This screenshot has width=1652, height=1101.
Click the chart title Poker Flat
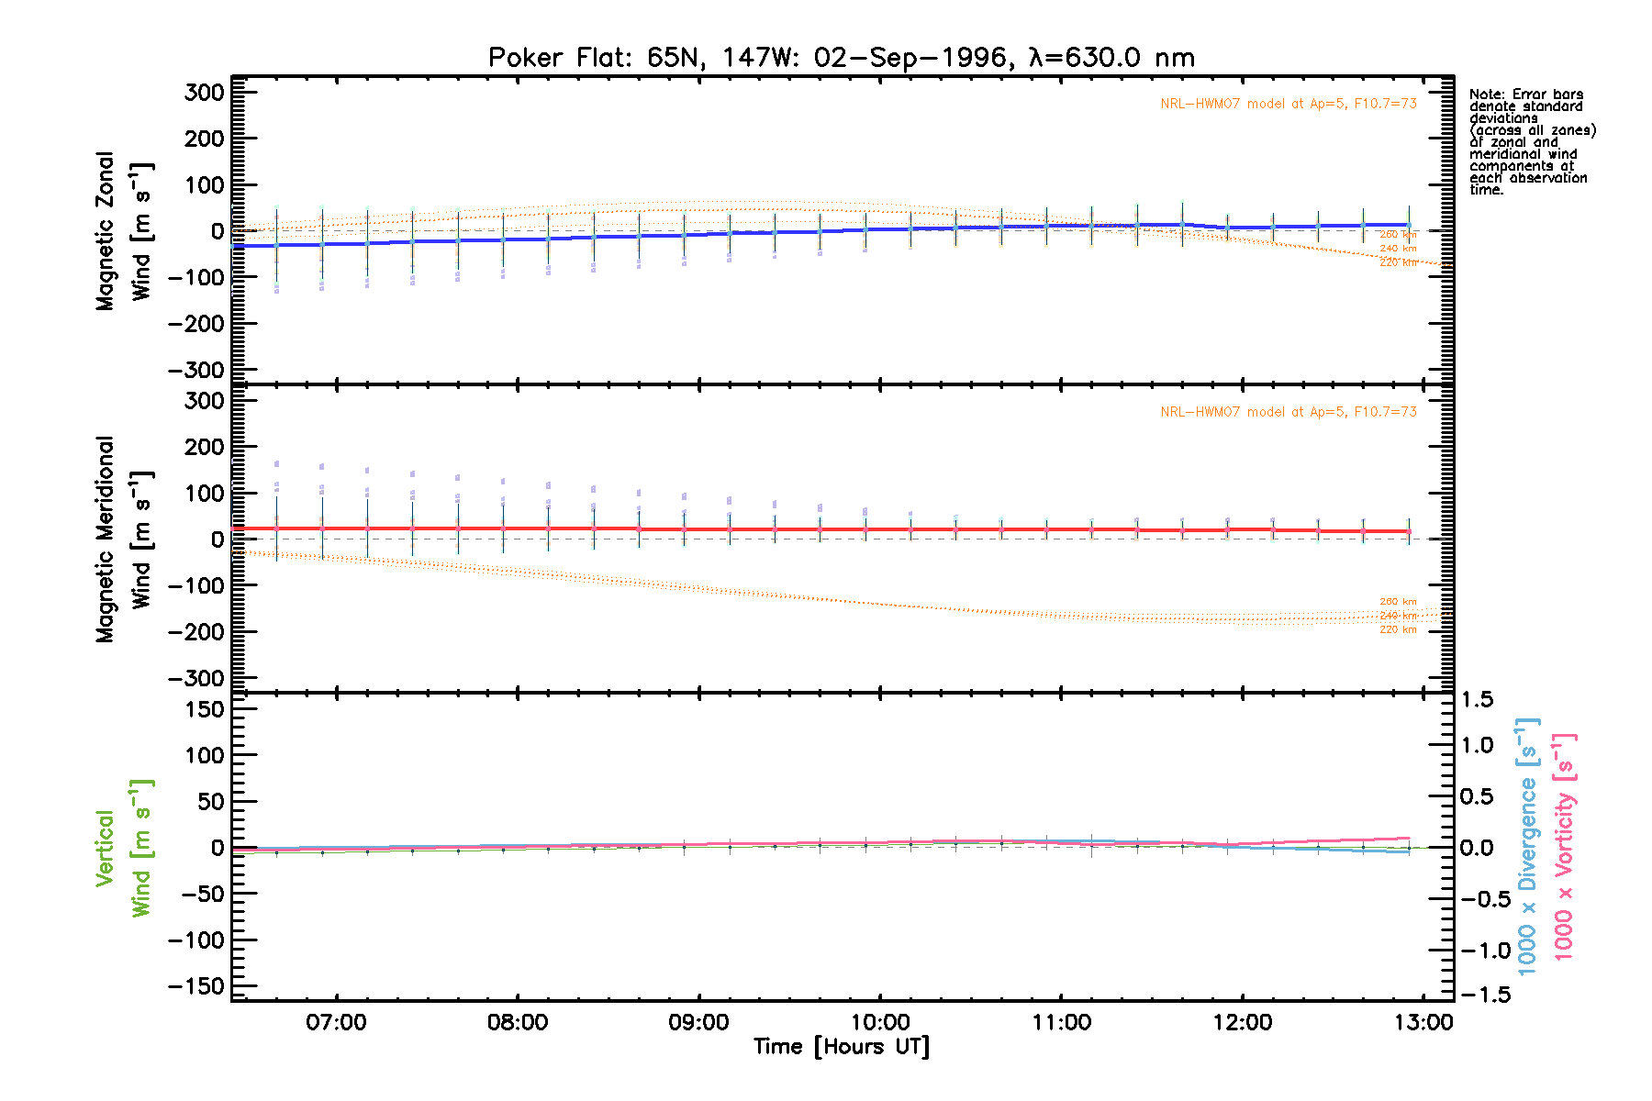pyautogui.click(x=841, y=58)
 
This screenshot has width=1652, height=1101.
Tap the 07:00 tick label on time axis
pyautogui.click(x=337, y=1022)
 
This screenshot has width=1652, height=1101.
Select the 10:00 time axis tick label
pyautogui.click(x=880, y=1022)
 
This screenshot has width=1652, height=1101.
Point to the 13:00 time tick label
pyautogui.click(x=1423, y=1022)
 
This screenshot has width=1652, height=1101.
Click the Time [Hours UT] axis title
pyautogui.click(x=841, y=1047)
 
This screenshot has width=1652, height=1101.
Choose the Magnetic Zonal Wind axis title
pyautogui.click(x=123, y=231)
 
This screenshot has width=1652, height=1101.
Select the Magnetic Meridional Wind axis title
pyautogui.click(x=123, y=539)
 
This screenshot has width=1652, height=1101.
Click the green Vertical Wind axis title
pyautogui.click(x=123, y=848)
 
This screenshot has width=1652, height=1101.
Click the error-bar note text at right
pyautogui.click(x=1531, y=142)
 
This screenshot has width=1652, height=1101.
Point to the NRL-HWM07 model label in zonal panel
pyautogui.click(x=1288, y=104)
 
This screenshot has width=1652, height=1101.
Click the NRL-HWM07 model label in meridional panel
pyautogui.click(x=1288, y=412)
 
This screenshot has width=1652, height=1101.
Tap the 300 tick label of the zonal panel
pyautogui.click(x=204, y=93)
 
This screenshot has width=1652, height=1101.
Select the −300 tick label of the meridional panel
pyautogui.click(x=196, y=678)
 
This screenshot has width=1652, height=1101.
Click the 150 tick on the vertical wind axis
pyautogui.click(x=204, y=709)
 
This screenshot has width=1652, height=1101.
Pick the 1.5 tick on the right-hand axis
pyautogui.click(x=1477, y=700)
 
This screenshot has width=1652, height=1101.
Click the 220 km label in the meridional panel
pyautogui.click(x=1398, y=630)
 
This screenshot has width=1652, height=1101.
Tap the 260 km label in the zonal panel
pyautogui.click(x=1398, y=235)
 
